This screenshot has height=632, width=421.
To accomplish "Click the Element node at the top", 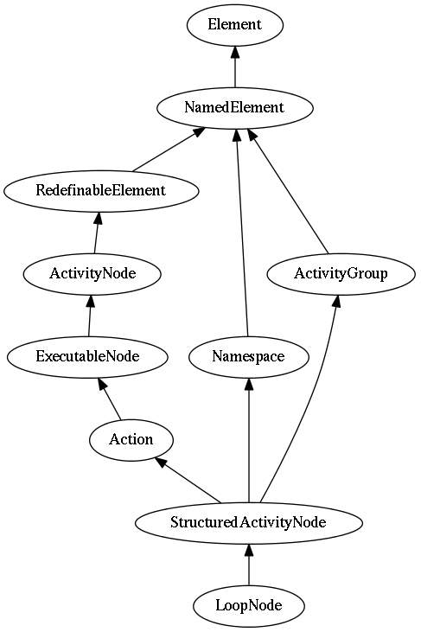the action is tap(235, 25).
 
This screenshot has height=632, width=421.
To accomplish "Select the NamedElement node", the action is tap(235, 108).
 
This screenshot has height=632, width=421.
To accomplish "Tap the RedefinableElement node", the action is tap(101, 191).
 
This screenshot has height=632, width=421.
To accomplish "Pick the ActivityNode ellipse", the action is tap(92, 274).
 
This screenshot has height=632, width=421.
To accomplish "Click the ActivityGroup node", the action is tap(341, 274).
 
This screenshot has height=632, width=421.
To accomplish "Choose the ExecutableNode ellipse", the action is tap(87, 357).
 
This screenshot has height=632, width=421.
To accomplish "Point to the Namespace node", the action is tap(249, 357).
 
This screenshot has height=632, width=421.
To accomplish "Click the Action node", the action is tap(131, 440).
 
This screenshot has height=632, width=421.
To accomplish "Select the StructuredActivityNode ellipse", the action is tap(249, 523).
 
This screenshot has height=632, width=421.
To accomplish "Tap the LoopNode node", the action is tap(249, 606).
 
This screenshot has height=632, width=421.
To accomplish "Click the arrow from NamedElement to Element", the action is tap(235, 66).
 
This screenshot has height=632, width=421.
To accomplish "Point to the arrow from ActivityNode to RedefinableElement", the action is tap(97, 233).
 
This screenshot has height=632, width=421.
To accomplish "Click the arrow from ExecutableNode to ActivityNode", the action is tap(90, 316).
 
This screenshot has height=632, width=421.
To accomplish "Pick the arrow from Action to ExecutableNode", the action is tap(109, 399).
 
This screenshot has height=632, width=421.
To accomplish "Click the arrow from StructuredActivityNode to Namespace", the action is tap(249, 440).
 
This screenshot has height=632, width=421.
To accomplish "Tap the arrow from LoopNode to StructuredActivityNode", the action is tap(249, 565).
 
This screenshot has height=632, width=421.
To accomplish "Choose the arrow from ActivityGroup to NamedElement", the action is tap(289, 191).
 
